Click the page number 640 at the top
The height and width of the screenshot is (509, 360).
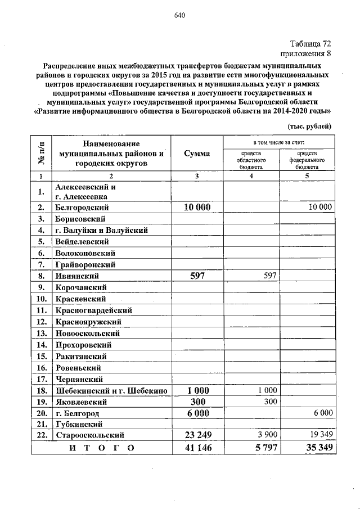(179, 15)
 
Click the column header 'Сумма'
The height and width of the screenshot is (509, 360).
(197, 154)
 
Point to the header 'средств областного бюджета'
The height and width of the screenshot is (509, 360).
(251, 159)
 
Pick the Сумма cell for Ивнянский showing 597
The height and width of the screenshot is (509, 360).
(197, 276)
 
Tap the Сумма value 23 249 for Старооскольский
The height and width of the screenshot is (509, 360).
(197, 435)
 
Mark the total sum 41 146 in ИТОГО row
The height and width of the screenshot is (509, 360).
(197, 448)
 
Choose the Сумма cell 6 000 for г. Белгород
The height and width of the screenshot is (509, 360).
(197, 412)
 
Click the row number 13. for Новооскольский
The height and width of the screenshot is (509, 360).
(40, 333)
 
